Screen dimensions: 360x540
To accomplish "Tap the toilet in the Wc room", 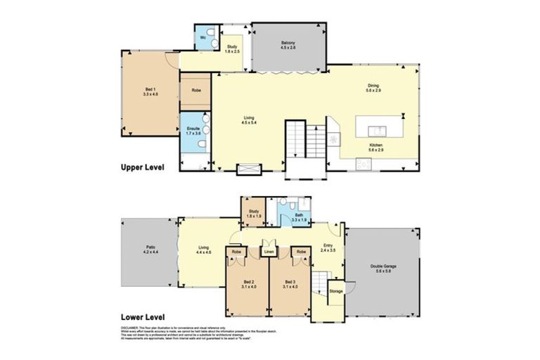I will (203, 43).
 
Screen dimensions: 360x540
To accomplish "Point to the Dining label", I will (373, 88).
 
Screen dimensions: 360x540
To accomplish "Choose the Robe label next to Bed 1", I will (195, 91).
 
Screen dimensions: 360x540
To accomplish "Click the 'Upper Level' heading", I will (143, 168).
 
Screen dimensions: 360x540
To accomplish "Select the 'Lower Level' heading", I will (143, 317).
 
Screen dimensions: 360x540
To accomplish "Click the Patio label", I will (150, 249).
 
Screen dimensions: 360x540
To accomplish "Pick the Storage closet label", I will (336, 290).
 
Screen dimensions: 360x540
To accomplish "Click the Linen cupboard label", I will (268, 251).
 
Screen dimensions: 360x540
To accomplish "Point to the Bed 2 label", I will (247, 284).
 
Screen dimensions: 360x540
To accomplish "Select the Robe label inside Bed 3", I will (300, 251).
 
